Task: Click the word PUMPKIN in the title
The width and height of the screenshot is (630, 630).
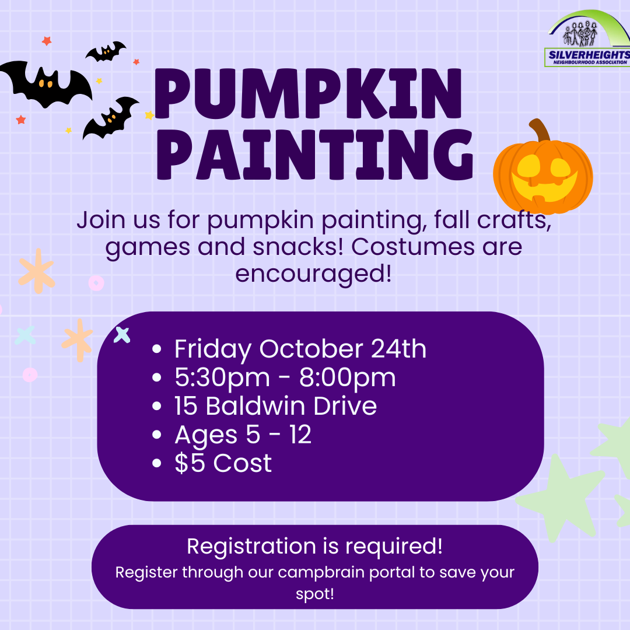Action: tap(308, 93)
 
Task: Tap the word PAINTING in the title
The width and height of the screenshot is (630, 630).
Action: tap(314, 155)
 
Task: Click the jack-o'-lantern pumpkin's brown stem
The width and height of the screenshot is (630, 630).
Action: tap(540, 129)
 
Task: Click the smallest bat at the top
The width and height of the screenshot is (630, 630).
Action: tap(106, 51)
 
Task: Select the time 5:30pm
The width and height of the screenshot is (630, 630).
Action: tap(222, 378)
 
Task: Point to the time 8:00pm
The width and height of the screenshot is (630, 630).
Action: tap(348, 378)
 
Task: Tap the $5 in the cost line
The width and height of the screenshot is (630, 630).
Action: tap(190, 463)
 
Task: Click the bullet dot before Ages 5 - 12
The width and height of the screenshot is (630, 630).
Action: tap(157, 435)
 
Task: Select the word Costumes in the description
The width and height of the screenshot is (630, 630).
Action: tap(413, 247)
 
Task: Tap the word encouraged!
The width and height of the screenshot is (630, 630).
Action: tap(313, 274)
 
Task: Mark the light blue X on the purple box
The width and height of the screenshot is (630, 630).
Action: tap(122, 335)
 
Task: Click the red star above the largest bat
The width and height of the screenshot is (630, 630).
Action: tap(47, 41)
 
